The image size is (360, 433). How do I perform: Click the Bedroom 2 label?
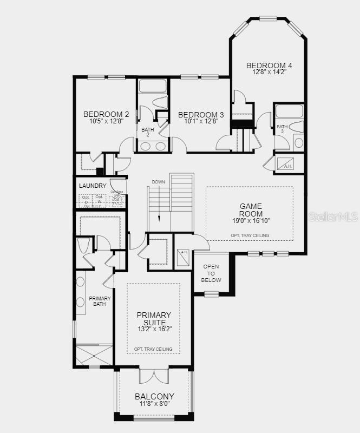click(106, 114)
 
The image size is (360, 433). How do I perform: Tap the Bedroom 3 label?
click(201, 115)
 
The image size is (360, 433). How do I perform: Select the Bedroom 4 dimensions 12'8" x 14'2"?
click(265, 72)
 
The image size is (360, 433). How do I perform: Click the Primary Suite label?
click(154, 319)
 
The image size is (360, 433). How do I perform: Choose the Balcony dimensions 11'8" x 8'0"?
click(154, 404)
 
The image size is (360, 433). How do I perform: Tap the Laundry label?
click(93, 186)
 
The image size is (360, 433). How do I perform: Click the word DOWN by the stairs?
click(158, 182)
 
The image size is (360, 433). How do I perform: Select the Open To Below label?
click(212, 273)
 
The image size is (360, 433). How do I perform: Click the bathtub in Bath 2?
click(153, 86)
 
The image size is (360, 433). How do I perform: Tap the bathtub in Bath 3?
click(289, 111)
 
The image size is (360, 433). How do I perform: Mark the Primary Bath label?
click(100, 301)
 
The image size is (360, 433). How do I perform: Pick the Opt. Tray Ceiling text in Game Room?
click(250, 235)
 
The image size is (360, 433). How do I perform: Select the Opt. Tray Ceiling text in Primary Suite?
click(154, 349)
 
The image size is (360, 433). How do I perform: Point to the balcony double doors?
click(154, 375)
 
